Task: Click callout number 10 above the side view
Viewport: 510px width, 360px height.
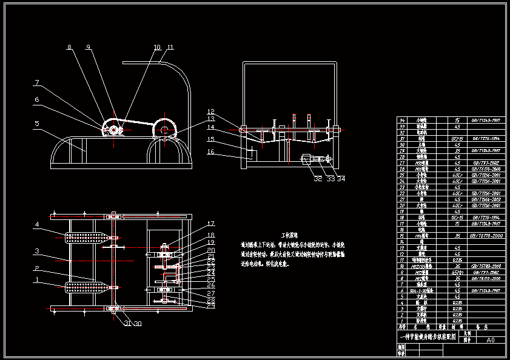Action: point(157,47)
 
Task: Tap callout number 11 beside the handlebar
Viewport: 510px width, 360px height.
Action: point(170,47)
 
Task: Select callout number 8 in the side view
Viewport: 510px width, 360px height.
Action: point(69,47)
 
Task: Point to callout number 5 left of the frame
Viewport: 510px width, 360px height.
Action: point(36,124)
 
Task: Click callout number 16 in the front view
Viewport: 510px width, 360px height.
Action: point(210,152)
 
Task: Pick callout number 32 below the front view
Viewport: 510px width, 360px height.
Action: point(318,178)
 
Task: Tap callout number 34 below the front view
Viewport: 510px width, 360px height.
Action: point(341,178)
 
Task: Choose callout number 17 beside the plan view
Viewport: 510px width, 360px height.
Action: point(210,224)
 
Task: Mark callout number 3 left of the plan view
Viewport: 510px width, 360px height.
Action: point(36,251)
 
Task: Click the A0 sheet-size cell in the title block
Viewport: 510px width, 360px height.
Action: point(491,340)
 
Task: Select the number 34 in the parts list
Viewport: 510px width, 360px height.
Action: point(401,120)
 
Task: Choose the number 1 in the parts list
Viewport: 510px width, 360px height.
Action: point(401,320)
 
